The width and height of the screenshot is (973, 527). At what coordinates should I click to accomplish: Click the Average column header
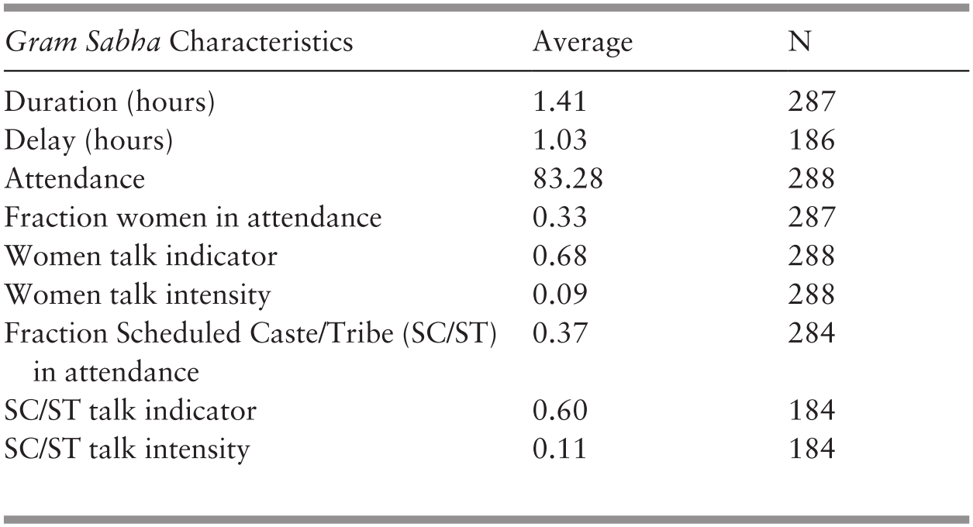(581, 42)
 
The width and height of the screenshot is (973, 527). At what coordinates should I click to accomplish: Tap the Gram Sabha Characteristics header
(178, 42)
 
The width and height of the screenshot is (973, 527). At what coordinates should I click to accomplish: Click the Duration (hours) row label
(109, 102)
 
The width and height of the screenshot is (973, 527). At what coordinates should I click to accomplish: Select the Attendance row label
(74, 180)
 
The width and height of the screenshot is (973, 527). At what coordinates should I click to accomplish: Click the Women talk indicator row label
(140, 257)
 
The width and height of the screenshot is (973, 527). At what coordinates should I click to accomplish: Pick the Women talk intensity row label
(137, 295)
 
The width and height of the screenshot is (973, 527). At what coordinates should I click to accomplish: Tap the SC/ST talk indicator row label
(130, 411)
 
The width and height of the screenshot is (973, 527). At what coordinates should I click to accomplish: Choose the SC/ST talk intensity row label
(127, 449)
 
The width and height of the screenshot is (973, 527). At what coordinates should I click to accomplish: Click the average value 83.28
(568, 180)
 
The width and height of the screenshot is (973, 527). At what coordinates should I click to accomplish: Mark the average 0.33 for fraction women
(559, 218)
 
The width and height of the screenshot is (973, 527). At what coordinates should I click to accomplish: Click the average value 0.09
(559, 295)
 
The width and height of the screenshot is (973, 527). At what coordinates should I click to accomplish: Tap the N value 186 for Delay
(810, 141)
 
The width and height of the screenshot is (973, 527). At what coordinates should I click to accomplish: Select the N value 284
(810, 334)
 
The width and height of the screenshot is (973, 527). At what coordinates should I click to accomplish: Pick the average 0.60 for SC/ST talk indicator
(559, 411)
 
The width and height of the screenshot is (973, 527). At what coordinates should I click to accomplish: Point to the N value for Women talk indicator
(810, 257)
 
